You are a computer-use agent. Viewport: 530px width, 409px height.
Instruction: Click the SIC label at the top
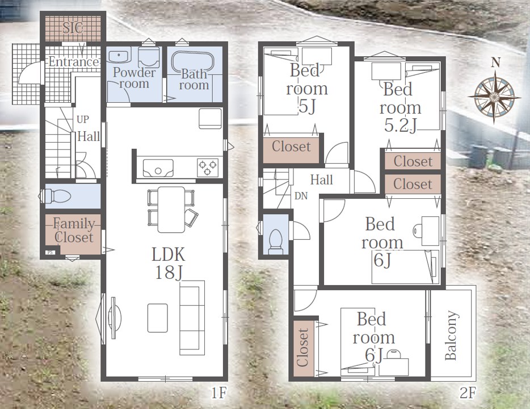[73, 27]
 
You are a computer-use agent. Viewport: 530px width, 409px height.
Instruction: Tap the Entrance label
[74, 61]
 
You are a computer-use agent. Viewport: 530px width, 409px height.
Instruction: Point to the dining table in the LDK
[171, 210]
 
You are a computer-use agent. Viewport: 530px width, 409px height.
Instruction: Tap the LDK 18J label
[169, 264]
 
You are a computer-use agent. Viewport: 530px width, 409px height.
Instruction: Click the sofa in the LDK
[192, 318]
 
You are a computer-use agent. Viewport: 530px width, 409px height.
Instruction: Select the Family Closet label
[74, 231]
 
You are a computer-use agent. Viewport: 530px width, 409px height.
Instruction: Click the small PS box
[51, 252]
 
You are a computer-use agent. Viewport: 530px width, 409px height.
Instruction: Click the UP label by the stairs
[83, 119]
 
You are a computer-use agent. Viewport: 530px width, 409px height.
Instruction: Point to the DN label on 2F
[301, 196]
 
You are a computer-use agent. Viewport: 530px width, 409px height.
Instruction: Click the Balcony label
[451, 335]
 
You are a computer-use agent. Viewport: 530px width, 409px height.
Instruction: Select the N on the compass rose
[496, 62]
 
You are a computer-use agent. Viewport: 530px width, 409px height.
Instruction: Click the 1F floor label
[218, 393]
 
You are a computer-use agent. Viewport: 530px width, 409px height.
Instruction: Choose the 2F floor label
[468, 393]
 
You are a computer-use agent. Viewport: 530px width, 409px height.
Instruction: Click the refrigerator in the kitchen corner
[211, 118]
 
